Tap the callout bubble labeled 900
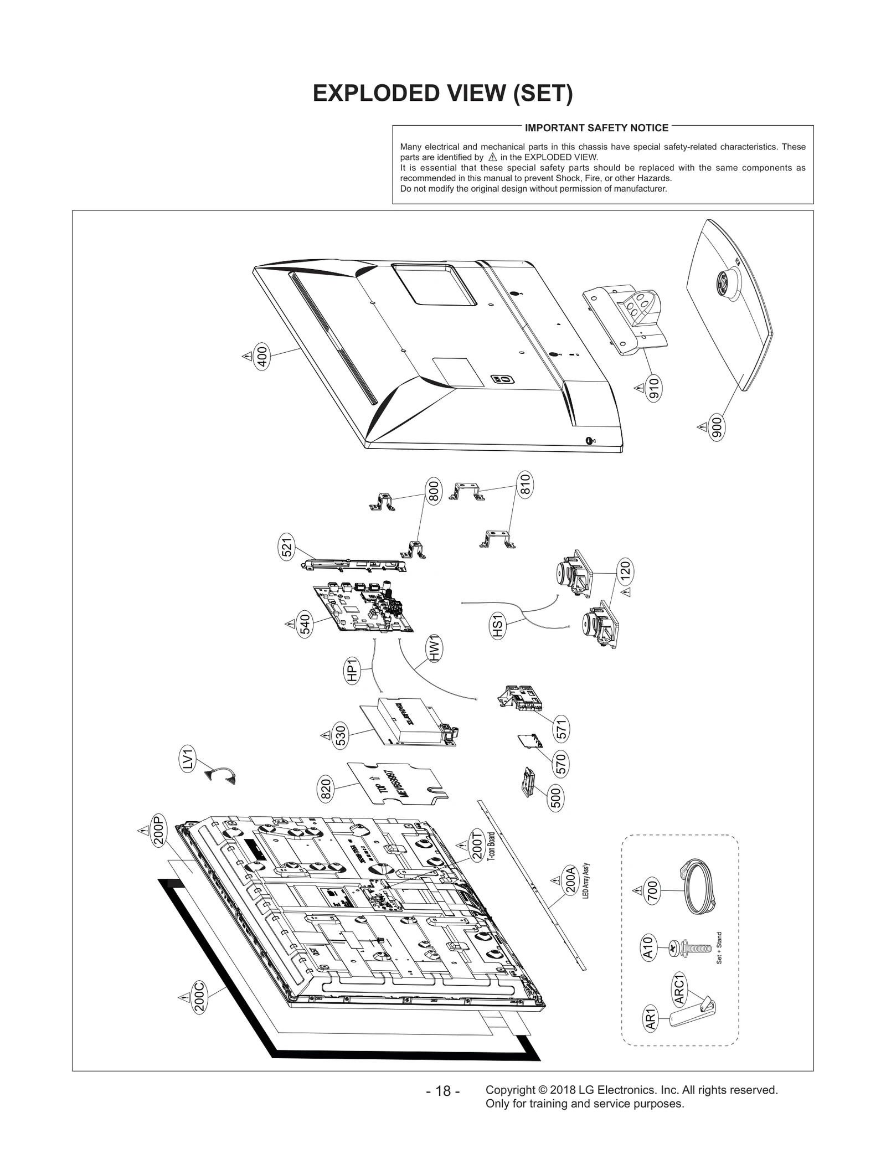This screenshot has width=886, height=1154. [x=717, y=427]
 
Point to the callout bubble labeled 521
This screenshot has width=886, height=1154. [x=287, y=548]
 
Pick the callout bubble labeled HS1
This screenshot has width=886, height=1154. [x=498, y=626]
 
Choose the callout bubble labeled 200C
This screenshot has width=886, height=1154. [x=200, y=997]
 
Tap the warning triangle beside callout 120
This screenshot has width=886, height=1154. [x=626, y=593]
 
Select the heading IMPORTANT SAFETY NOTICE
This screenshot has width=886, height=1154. [x=596, y=128]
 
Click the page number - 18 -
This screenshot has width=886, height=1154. [x=442, y=1091]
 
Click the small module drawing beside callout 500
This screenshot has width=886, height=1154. [x=529, y=781]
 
